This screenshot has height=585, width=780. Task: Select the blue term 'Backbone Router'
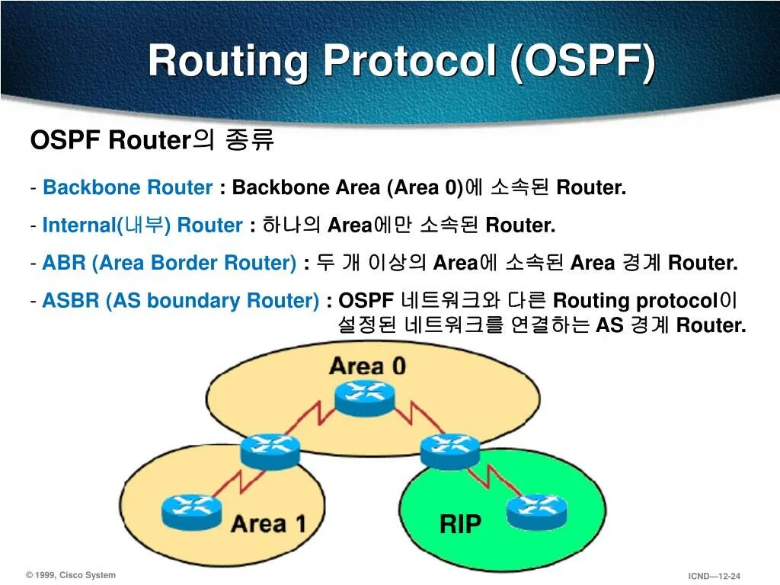127,188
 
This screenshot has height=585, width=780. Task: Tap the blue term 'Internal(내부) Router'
142,225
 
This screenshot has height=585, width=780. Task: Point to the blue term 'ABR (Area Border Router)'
169,264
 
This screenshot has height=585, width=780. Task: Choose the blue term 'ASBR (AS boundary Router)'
181,301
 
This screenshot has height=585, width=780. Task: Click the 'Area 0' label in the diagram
367,366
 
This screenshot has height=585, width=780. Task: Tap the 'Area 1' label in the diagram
268,524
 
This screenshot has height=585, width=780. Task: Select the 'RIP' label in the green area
460,524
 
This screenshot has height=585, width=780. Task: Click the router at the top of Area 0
365,396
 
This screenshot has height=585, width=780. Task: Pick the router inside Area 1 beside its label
191,510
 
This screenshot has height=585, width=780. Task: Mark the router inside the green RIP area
537,510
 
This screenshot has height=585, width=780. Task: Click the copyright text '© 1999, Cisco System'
71,575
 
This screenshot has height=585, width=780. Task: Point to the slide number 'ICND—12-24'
714,576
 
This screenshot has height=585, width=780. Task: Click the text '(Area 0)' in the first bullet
425,188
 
